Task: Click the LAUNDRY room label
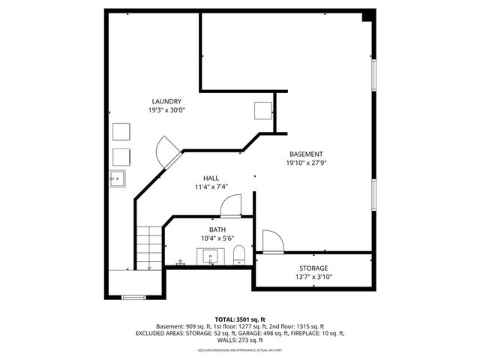pyautogui.click(x=166, y=101)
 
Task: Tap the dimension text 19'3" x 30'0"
pyautogui.click(x=166, y=110)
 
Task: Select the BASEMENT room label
pyautogui.click(x=306, y=154)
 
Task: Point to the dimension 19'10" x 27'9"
pyautogui.click(x=306, y=163)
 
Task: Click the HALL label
pyautogui.click(x=211, y=178)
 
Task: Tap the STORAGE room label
pyautogui.click(x=313, y=268)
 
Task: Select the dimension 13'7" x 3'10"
pyautogui.click(x=313, y=277)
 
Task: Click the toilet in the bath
pyautogui.click(x=239, y=255)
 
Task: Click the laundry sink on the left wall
pyautogui.click(x=118, y=178)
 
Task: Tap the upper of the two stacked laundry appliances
pyautogui.click(x=121, y=132)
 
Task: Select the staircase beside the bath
pyautogui.click(x=148, y=247)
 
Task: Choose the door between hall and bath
pyautogui.click(x=232, y=205)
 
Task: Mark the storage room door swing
pyautogui.click(x=272, y=241)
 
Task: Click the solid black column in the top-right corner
pyautogui.click(x=367, y=16)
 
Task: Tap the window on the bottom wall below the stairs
pyautogui.click(x=133, y=298)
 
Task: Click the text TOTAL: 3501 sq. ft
pyautogui.click(x=240, y=319)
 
